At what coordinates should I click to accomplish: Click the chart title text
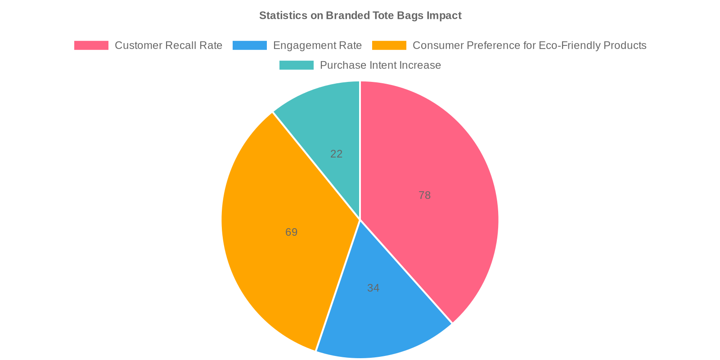tap(360, 16)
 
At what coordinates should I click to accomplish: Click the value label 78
tap(424, 195)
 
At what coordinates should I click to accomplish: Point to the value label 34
tap(373, 288)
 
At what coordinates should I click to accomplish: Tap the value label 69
tap(291, 232)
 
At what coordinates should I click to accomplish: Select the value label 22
tap(336, 154)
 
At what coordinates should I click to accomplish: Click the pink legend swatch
tap(91, 45)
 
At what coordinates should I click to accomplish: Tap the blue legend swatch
tap(250, 45)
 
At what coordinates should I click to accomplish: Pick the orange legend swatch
tap(389, 45)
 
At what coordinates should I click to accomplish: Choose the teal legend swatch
tap(297, 65)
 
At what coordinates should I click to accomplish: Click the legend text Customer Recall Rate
tap(168, 45)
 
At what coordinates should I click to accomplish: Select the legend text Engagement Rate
tap(317, 45)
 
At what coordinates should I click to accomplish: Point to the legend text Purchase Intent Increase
tap(380, 65)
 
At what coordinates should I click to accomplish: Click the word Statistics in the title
tap(283, 16)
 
